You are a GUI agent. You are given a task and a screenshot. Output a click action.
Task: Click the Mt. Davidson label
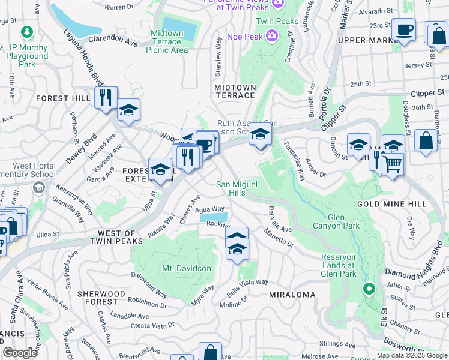coord(186,268)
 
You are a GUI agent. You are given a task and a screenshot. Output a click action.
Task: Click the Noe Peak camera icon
coord(272,36)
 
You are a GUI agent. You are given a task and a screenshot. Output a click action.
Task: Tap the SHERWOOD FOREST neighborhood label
coord(101,298)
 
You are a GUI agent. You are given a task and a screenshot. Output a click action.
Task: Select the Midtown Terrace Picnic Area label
coord(167,41)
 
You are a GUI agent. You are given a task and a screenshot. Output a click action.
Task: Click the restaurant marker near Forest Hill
coord(106,97)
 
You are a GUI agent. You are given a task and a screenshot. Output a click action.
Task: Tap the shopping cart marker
coord(393,163)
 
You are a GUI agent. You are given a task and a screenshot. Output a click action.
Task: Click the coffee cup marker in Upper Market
coord(403,29)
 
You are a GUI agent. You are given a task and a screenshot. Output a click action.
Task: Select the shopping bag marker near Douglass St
coord(426,141)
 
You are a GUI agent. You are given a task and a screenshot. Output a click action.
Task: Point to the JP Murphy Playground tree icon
coord(27,31)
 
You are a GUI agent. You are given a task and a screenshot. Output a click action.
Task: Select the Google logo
coord(20,353)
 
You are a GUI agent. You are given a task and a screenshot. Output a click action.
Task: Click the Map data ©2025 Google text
coord(412,355)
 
